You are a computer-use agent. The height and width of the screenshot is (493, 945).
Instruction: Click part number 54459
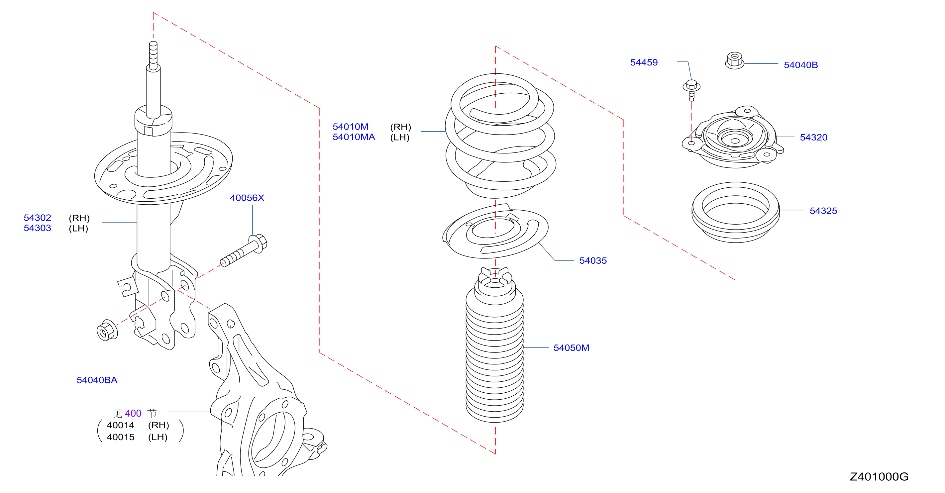click(x=644, y=62)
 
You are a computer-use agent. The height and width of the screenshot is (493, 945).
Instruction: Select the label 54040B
click(x=801, y=65)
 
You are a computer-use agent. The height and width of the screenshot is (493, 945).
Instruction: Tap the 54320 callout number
click(x=814, y=137)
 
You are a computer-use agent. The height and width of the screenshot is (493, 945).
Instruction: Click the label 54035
click(x=593, y=260)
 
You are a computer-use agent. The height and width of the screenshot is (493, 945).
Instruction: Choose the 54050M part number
click(x=571, y=348)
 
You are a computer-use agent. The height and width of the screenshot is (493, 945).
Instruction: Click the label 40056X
click(x=247, y=198)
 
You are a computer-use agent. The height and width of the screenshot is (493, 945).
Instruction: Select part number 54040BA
click(x=97, y=380)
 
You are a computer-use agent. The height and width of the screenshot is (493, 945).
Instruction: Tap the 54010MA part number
click(x=354, y=137)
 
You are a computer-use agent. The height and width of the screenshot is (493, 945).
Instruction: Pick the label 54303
click(x=38, y=228)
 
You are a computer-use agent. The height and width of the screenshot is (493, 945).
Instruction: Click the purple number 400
click(x=133, y=413)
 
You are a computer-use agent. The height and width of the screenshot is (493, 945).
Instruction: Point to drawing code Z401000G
click(x=879, y=476)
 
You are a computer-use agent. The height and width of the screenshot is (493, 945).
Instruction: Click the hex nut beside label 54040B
click(x=734, y=60)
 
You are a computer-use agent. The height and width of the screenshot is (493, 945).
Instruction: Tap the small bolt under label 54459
click(x=691, y=90)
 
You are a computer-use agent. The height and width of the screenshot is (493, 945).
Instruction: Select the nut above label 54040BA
click(x=107, y=330)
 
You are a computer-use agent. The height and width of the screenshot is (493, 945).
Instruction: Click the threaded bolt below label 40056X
click(x=244, y=250)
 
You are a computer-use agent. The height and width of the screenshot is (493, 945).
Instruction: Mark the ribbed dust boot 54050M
click(x=494, y=345)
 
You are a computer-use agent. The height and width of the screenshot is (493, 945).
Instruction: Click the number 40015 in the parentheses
click(x=121, y=437)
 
